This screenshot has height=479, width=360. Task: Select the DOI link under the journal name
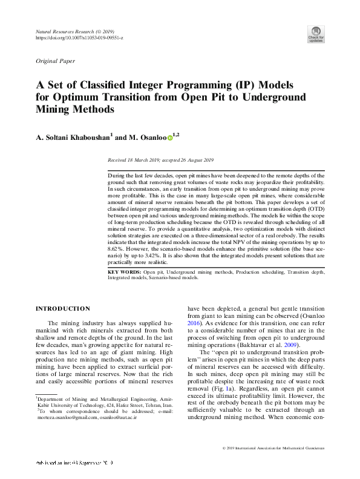click(x=80, y=38)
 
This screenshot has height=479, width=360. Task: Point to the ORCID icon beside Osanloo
click(x=170, y=137)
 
